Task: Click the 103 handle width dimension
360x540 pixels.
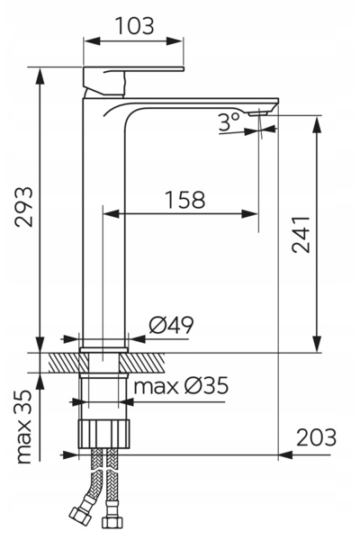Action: point(134,26)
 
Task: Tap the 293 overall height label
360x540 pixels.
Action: point(24,207)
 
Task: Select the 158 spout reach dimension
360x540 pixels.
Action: point(185,200)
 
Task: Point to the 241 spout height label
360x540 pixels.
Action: point(301,235)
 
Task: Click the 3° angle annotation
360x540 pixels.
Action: point(229,121)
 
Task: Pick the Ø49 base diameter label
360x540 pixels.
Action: point(172,325)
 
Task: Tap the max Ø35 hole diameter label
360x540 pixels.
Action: point(181,386)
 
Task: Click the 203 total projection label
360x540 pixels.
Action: point(316,437)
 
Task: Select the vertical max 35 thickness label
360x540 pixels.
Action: point(24,427)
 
